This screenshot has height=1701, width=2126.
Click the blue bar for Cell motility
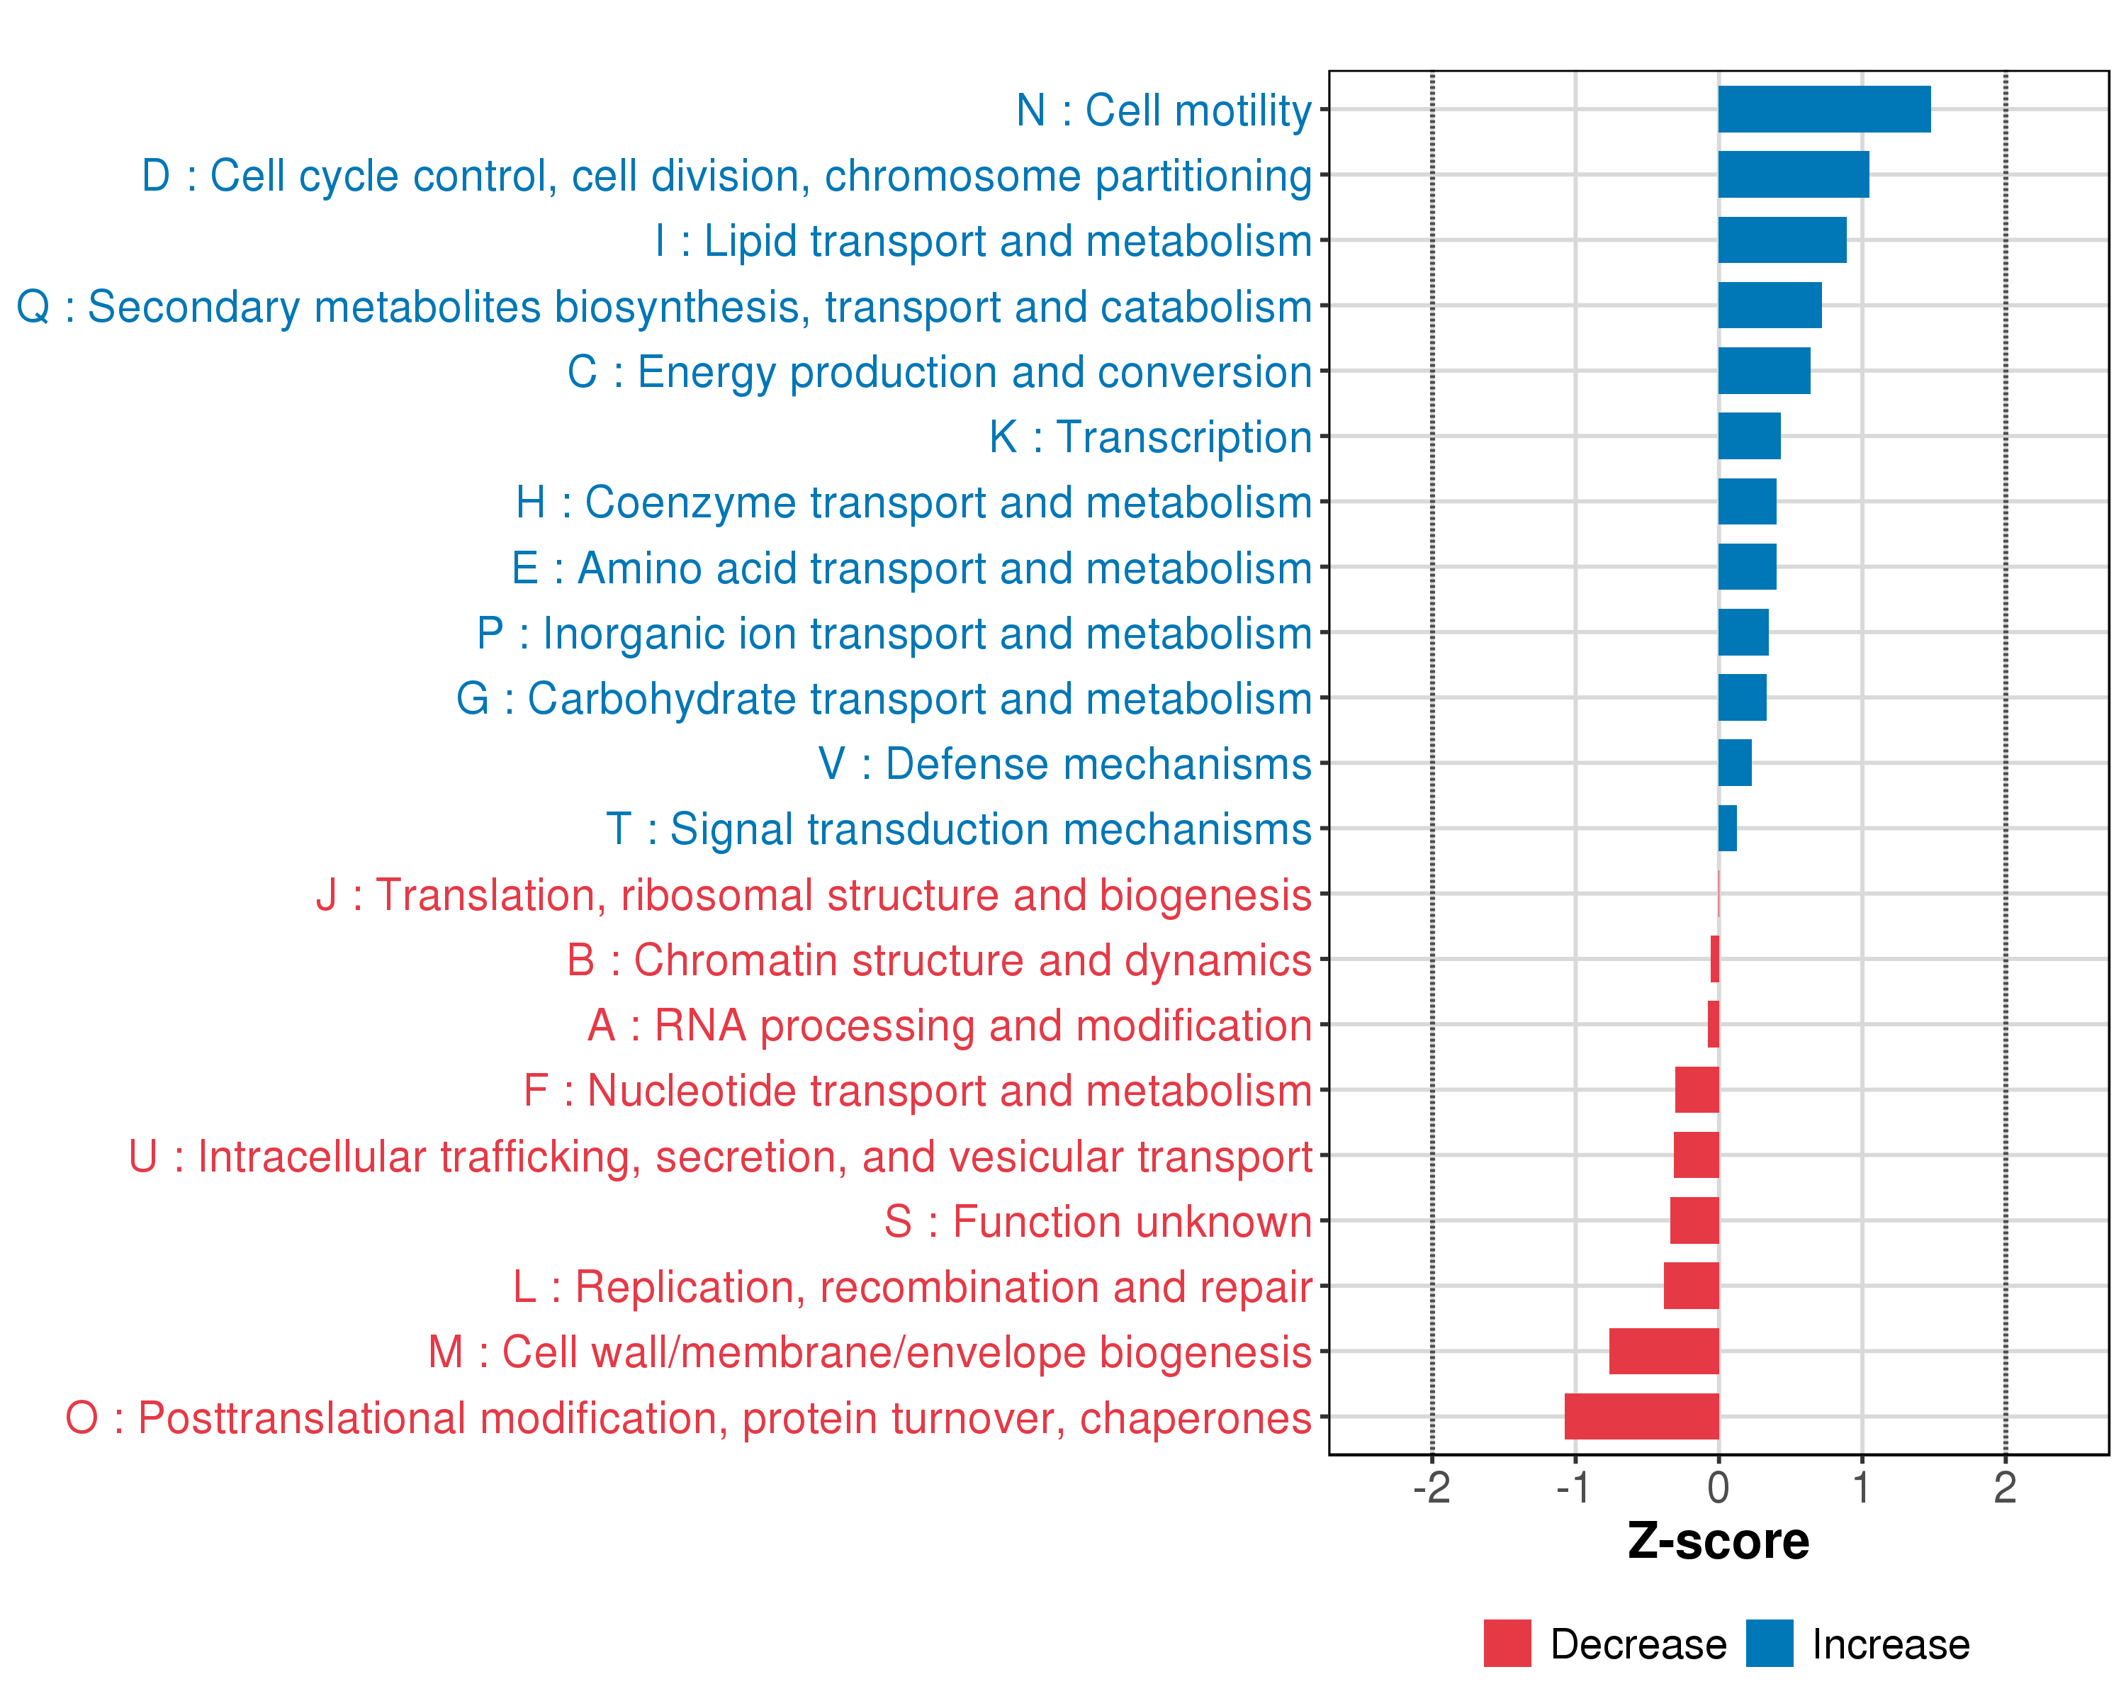tap(1823, 109)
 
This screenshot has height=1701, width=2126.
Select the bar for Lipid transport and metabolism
tap(1782, 240)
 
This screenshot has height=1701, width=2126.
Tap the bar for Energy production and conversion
tap(1764, 371)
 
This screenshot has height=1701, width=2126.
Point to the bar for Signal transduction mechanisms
tap(1728, 829)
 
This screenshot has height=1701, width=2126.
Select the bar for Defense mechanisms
tap(1735, 763)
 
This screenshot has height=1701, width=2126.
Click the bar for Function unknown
tap(1694, 1220)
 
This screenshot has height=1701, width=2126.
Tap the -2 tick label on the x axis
tap(1431, 1488)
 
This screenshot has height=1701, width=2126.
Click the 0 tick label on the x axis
tap(1718, 1488)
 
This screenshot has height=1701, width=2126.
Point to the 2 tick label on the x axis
tap(2005, 1488)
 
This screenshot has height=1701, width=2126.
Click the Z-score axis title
tap(1718, 1542)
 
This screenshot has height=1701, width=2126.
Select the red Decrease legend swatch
tap(1507, 1644)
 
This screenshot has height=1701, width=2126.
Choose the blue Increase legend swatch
tap(1769, 1644)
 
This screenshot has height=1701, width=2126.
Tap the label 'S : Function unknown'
tap(1098, 1222)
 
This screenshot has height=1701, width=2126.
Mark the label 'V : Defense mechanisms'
tap(1065, 764)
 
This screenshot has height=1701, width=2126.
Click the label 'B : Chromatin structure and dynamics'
tap(939, 960)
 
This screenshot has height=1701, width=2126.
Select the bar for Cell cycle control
tap(1793, 174)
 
